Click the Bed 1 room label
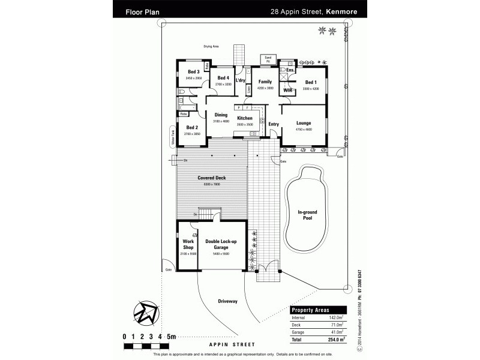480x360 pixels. pos(310,82)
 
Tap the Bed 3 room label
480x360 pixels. pos(193,73)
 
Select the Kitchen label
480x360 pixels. pos(244,118)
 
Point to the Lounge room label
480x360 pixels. pos(304,123)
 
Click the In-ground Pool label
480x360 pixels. pos(308,214)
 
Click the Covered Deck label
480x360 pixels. pos(211,178)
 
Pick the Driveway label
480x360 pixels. pos(228,300)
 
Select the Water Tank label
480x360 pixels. pos(172,139)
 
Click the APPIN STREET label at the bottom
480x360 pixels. pos(232,344)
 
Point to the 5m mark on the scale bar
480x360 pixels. pos(171,337)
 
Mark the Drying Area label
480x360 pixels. pos(211,46)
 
